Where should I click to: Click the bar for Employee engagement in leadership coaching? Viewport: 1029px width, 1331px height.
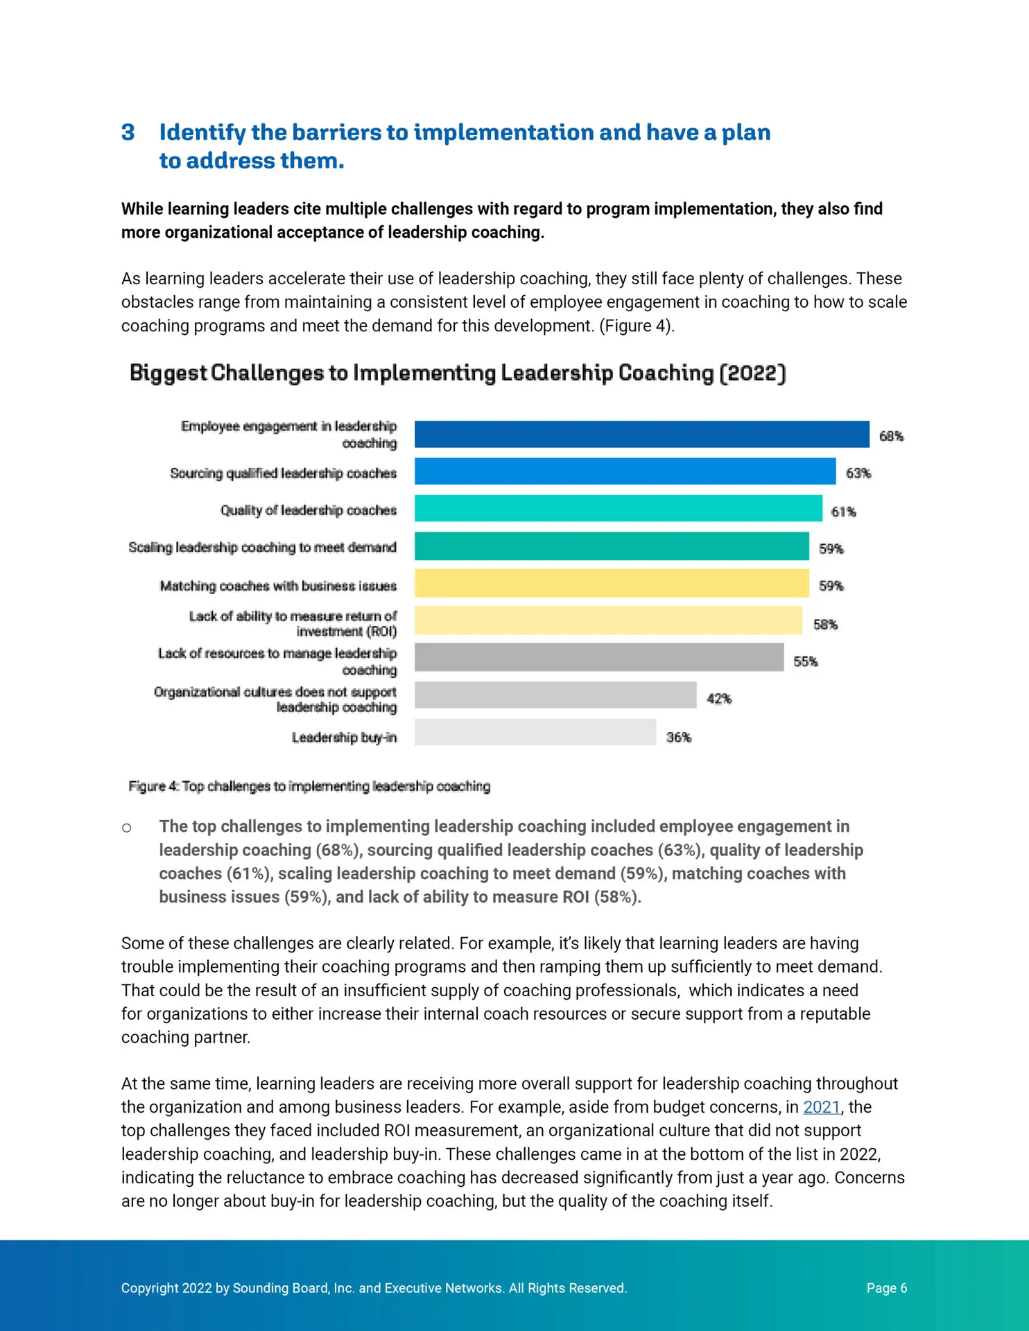(x=642, y=434)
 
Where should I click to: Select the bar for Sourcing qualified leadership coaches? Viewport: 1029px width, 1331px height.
(x=625, y=471)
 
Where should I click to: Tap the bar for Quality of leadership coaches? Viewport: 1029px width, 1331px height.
(x=619, y=508)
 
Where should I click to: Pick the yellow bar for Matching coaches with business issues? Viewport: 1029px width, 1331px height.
(x=612, y=583)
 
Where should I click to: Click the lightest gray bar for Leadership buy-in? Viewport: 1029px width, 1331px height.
(x=535, y=732)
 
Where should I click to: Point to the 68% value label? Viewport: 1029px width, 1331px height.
(x=891, y=436)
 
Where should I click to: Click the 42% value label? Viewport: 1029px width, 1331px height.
(x=719, y=699)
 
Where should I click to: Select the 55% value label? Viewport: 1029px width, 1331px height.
(x=806, y=661)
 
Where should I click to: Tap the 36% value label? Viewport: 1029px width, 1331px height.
(x=679, y=737)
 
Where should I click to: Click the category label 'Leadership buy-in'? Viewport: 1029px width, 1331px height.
(x=344, y=737)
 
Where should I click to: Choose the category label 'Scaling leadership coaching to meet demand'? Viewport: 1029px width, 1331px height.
(x=262, y=548)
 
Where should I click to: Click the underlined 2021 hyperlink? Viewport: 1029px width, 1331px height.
(x=822, y=1107)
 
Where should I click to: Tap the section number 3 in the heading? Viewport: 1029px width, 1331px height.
(x=128, y=132)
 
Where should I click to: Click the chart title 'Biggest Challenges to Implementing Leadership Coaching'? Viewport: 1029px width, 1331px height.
(x=458, y=373)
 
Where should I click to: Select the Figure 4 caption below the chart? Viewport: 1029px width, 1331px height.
(x=309, y=786)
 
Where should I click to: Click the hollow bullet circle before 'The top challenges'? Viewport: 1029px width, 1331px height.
(x=126, y=828)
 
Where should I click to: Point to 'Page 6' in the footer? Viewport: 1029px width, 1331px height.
(x=887, y=1288)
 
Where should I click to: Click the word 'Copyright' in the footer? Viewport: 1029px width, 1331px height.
(x=150, y=1288)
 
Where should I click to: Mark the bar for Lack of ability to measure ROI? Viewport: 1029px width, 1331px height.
(x=609, y=620)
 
